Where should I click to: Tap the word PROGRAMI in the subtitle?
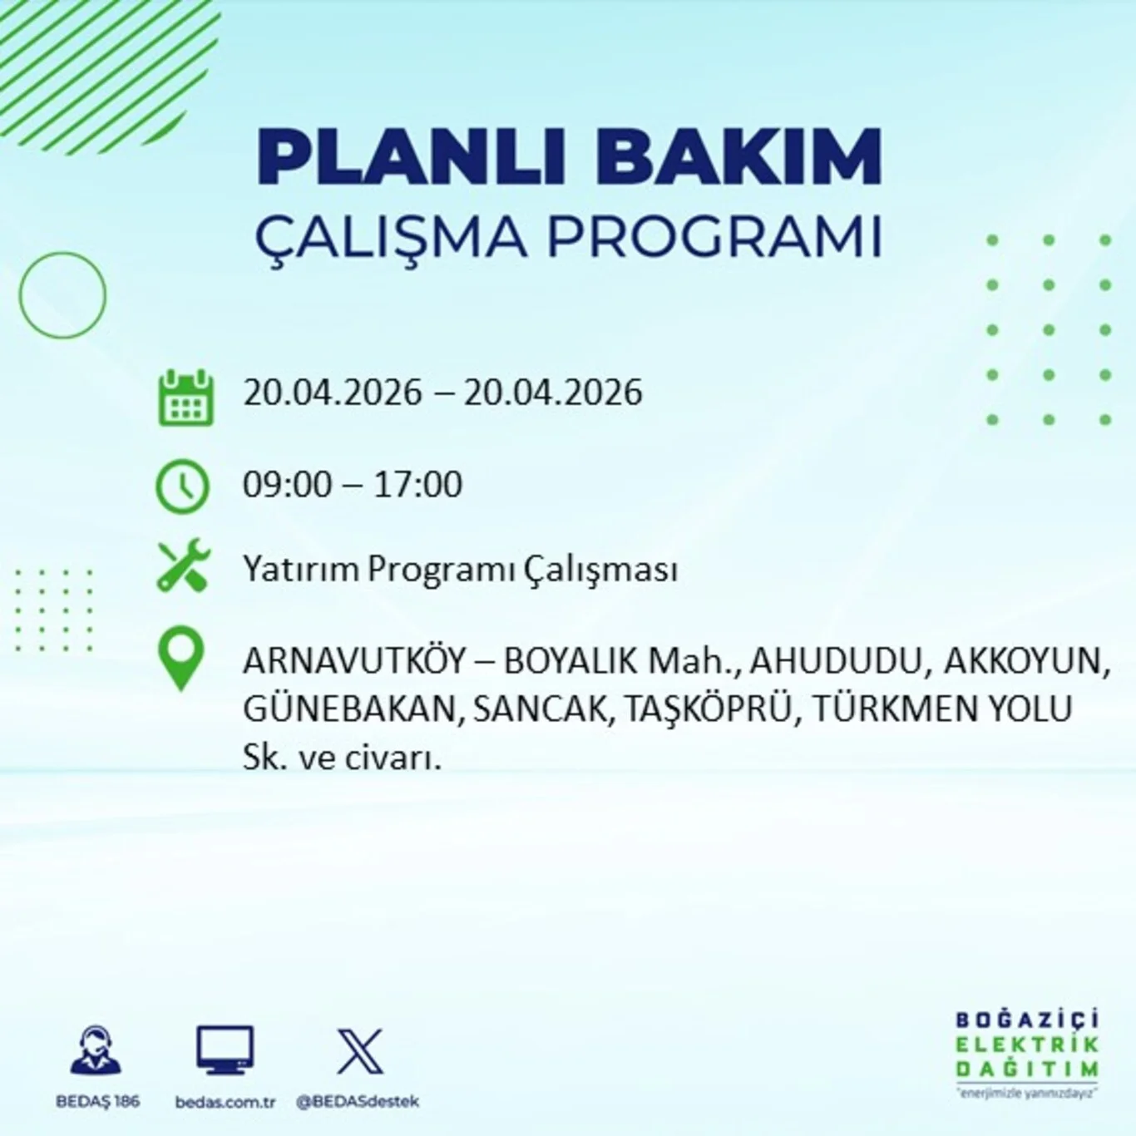(x=714, y=237)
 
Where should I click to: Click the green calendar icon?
(x=185, y=398)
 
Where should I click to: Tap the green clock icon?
(x=182, y=486)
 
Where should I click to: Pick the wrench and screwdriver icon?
(x=184, y=566)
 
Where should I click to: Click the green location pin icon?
(x=180, y=658)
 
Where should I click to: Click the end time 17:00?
(x=417, y=485)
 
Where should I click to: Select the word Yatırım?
(x=302, y=570)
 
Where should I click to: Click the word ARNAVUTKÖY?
(x=354, y=661)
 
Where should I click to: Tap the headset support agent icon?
(x=96, y=1051)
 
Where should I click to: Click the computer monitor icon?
(x=225, y=1050)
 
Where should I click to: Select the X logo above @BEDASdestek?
(x=360, y=1051)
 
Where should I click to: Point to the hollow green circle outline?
(x=63, y=295)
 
